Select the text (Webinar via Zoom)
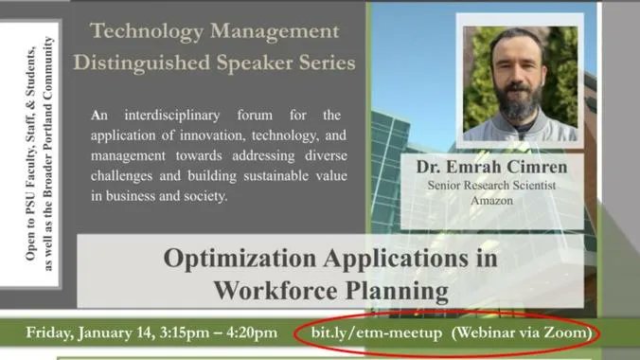pyautogui.click(x=522, y=333)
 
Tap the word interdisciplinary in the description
pyautogui.click(x=189, y=116)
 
